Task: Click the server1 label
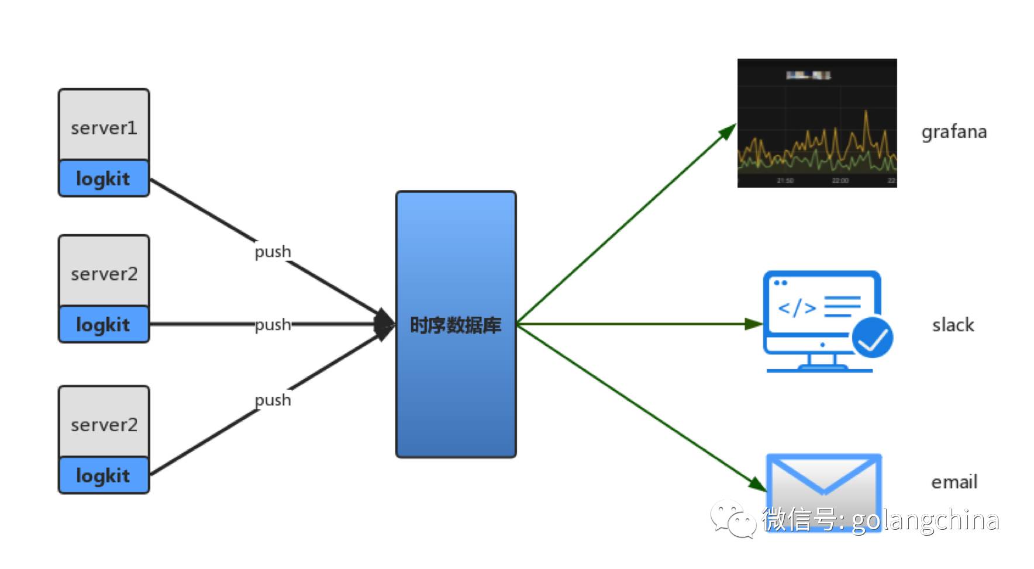(x=104, y=128)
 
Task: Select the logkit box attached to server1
(x=104, y=178)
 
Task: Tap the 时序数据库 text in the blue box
(x=456, y=325)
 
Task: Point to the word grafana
(x=954, y=132)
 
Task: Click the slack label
(x=953, y=325)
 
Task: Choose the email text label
(x=954, y=482)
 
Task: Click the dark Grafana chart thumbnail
(x=816, y=123)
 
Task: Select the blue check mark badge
(x=872, y=337)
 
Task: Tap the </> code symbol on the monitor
(x=797, y=307)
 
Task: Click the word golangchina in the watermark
(x=925, y=520)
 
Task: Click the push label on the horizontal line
(x=273, y=324)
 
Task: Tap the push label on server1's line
(x=273, y=252)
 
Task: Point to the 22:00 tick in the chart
(x=840, y=181)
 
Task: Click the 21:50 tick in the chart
(x=785, y=181)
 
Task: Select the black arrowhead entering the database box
(x=384, y=324)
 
